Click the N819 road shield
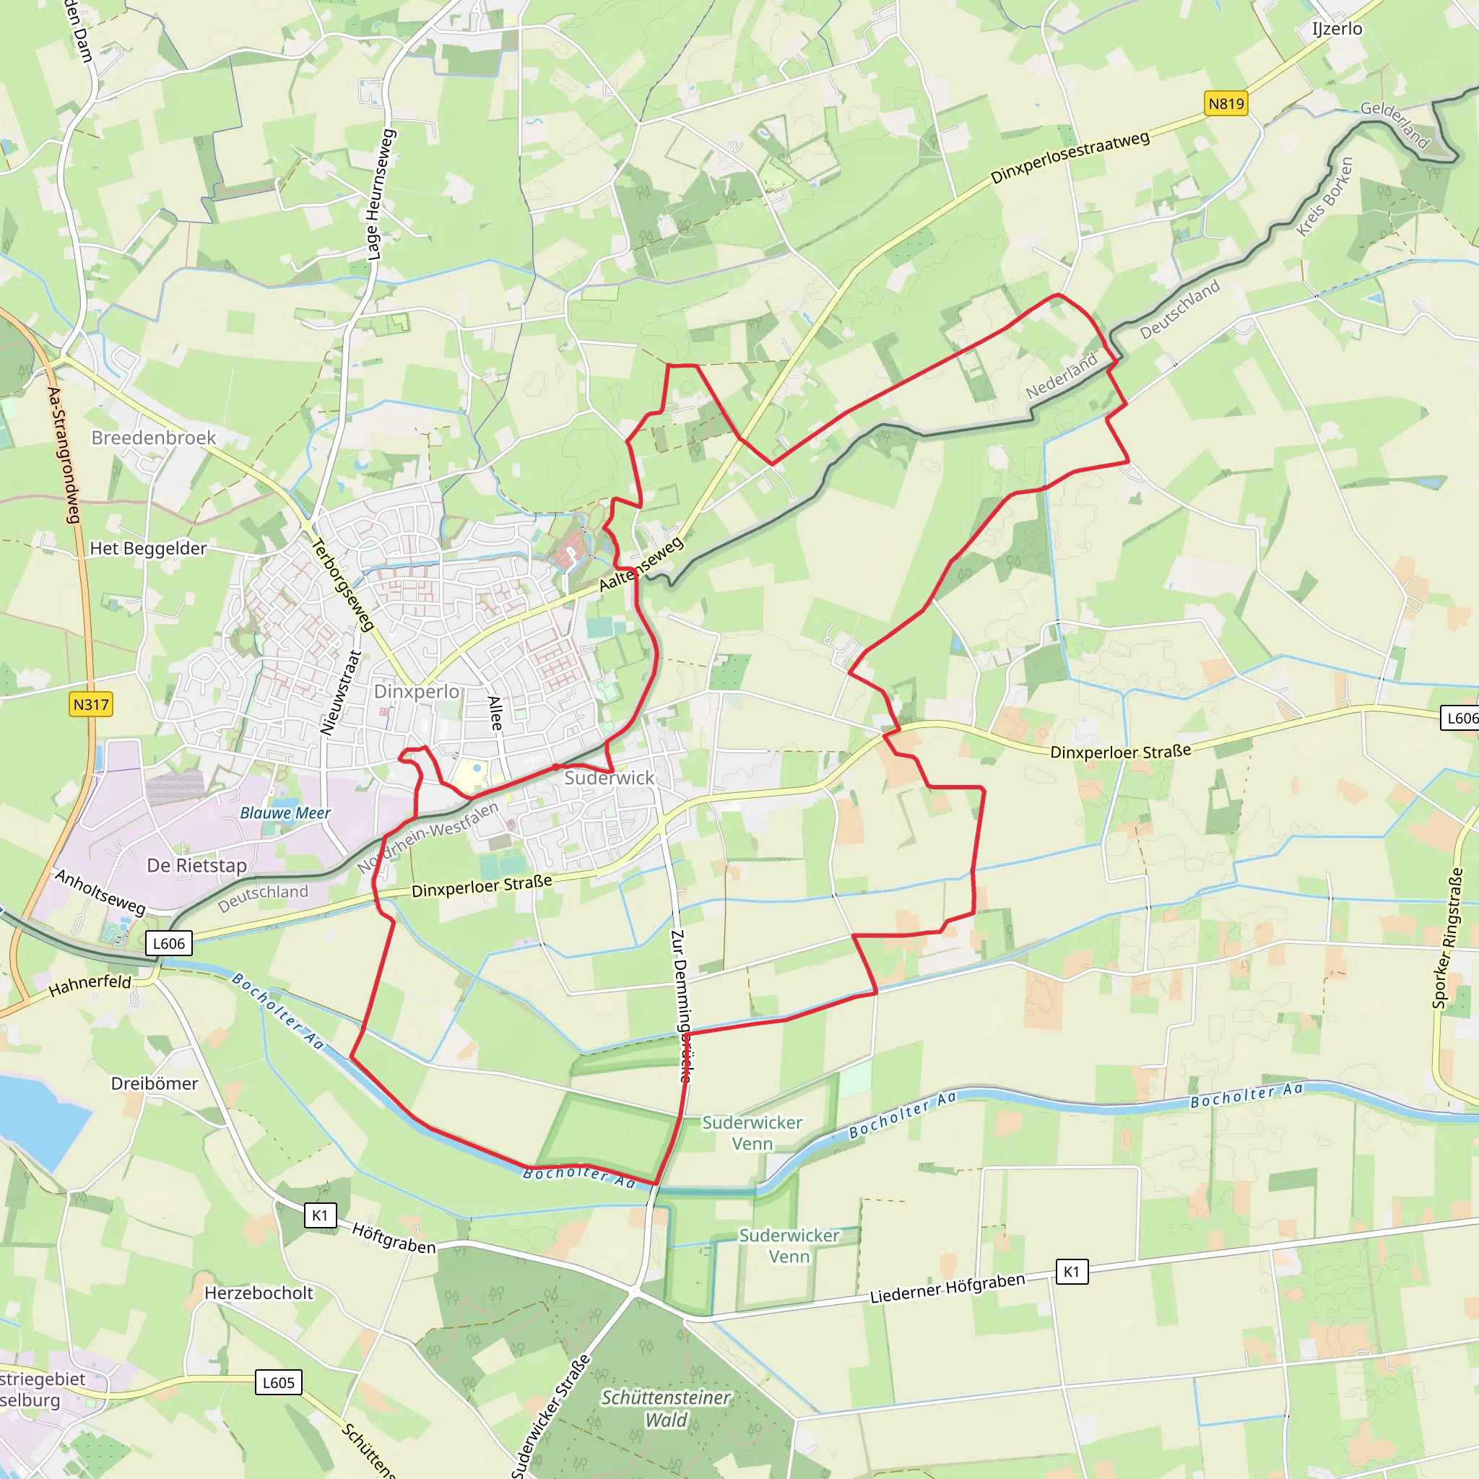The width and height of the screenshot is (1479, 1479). click(1226, 104)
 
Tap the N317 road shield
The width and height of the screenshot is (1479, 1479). click(91, 704)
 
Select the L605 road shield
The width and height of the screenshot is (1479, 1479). click(278, 1382)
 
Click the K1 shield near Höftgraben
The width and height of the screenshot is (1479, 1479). click(320, 1215)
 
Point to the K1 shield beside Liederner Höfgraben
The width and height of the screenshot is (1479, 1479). click(1071, 1272)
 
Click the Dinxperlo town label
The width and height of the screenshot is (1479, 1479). click(417, 691)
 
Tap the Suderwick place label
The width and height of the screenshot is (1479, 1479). click(610, 778)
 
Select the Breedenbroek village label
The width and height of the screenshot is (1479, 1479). click(154, 438)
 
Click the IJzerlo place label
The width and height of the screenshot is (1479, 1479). click(1337, 29)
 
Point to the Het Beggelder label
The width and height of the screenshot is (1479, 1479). click(148, 548)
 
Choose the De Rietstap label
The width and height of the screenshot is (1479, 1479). click(196, 866)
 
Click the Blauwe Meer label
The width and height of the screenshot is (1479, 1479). click(285, 813)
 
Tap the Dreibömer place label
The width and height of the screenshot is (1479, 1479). click(155, 1083)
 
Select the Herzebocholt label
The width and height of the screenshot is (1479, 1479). click(259, 1293)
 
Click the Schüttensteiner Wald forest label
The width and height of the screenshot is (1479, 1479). click(666, 1408)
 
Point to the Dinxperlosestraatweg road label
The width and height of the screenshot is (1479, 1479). click(1070, 157)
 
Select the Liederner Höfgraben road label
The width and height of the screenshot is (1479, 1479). click(947, 1288)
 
